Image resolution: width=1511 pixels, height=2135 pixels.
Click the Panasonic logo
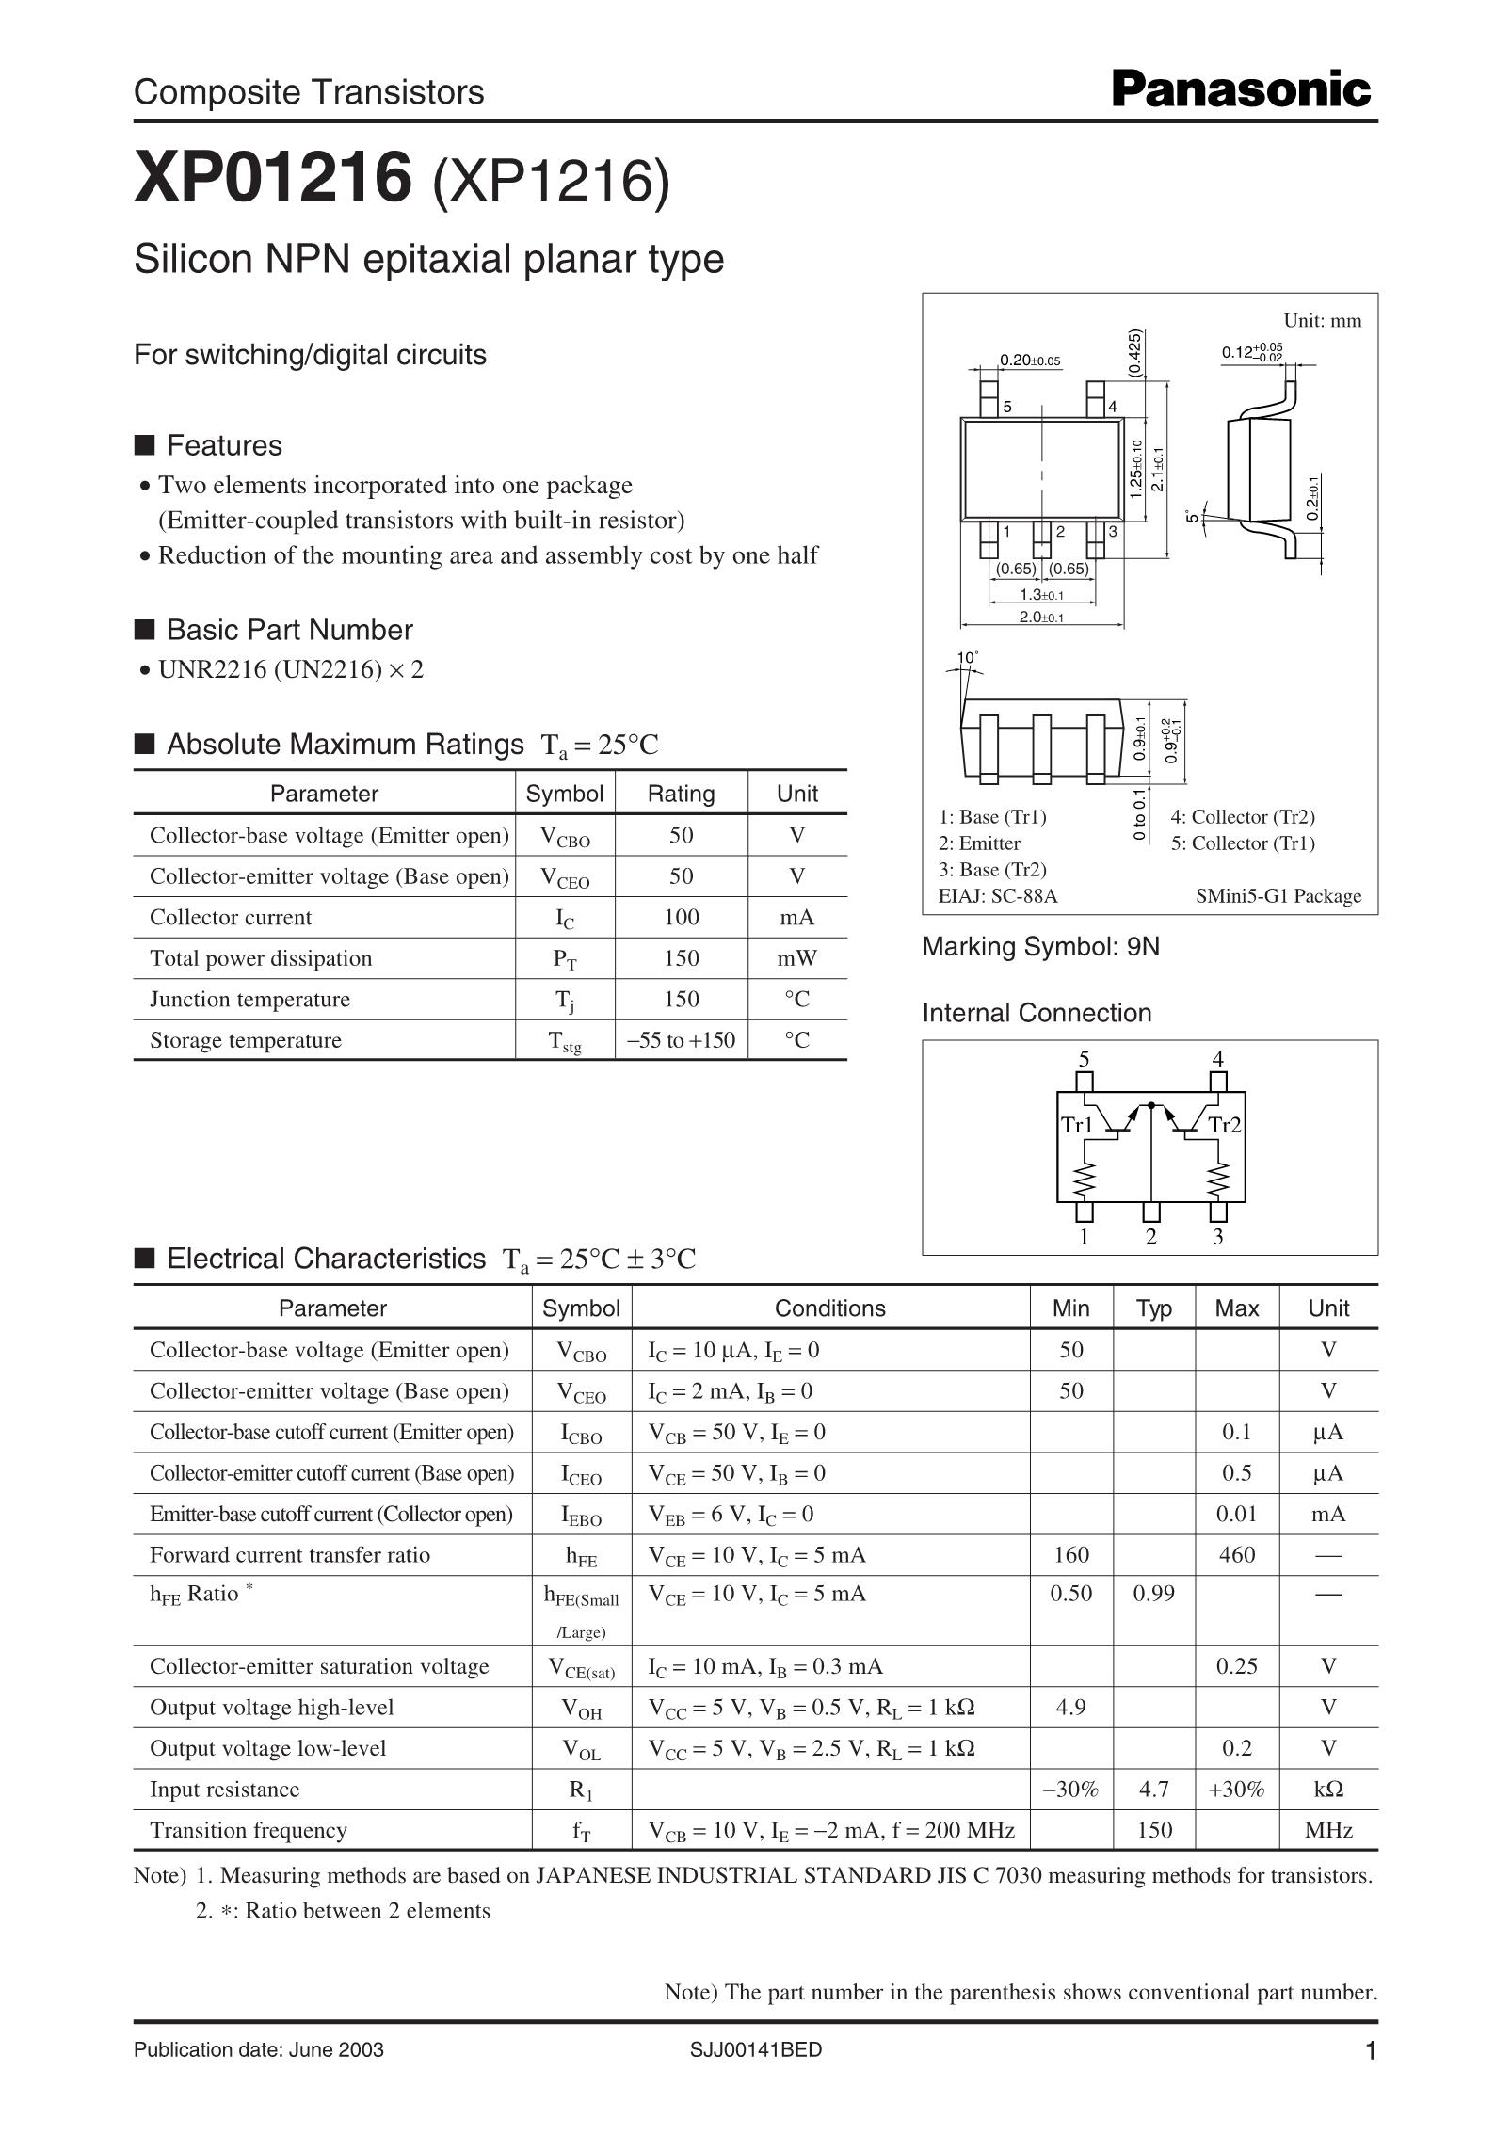coord(1241,90)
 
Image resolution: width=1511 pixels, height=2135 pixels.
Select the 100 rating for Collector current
coord(681,917)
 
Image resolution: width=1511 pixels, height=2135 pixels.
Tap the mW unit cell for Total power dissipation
coord(796,958)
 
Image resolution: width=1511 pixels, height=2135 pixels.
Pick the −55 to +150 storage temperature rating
coord(681,1040)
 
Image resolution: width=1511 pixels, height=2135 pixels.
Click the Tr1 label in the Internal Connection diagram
coord(1077,1125)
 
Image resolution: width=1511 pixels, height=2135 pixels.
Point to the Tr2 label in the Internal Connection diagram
coord(1225,1125)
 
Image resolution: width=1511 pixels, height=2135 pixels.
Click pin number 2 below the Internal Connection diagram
coord(1150,1237)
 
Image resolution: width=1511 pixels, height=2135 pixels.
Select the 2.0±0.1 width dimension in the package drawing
coord(1041,618)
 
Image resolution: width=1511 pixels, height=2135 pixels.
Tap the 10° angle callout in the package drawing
coord(967,657)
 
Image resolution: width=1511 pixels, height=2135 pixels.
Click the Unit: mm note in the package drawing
coord(1322,321)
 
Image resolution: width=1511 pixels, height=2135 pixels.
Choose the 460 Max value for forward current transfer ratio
coord(1236,1555)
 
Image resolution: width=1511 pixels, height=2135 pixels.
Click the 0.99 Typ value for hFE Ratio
coord(1153,1594)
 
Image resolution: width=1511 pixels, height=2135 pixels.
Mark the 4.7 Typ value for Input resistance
coord(1153,1790)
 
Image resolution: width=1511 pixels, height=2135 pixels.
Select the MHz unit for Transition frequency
coord(1327,1830)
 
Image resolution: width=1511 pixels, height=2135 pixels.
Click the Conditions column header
coord(829,1308)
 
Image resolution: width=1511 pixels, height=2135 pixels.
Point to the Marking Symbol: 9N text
coord(1040,947)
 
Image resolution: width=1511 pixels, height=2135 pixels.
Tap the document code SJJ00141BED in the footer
coord(755,2049)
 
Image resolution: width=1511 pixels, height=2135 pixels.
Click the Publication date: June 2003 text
coord(259,2049)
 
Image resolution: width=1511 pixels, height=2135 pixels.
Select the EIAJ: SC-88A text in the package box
coord(998,896)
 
